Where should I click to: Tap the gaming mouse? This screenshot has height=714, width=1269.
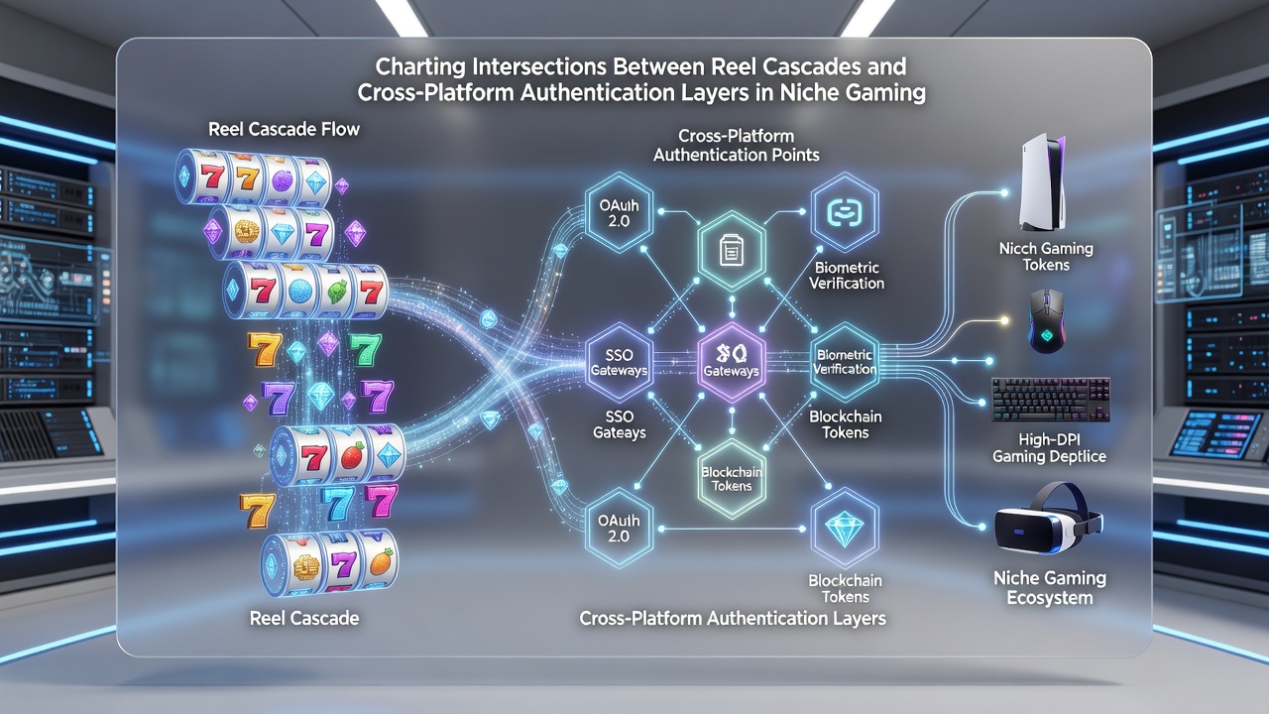tap(1046, 320)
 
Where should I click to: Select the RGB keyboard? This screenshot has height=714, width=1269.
tap(1051, 400)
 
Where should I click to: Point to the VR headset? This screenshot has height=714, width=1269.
tap(1048, 519)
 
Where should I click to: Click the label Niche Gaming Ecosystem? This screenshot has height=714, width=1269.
tap(1050, 588)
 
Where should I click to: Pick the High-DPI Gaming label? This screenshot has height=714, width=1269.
tap(1049, 447)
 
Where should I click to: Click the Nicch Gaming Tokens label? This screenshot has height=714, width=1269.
tap(1046, 256)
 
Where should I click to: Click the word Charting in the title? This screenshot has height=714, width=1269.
tap(419, 66)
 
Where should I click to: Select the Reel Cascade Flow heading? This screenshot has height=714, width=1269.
tap(284, 129)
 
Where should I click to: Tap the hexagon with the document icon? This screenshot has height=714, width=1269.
tap(732, 251)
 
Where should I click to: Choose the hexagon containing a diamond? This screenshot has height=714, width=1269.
tap(845, 530)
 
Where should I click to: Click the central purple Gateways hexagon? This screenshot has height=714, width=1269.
tap(732, 362)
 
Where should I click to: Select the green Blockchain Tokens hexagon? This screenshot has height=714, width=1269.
tap(732, 479)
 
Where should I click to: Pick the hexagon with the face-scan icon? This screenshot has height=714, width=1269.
tap(845, 212)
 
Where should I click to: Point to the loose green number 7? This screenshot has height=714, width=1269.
tap(365, 349)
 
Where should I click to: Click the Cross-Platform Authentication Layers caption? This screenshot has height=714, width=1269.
tap(733, 618)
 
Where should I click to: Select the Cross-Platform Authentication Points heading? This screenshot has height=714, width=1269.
tap(736, 145)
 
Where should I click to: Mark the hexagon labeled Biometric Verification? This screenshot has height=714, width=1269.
tap(845, 362)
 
